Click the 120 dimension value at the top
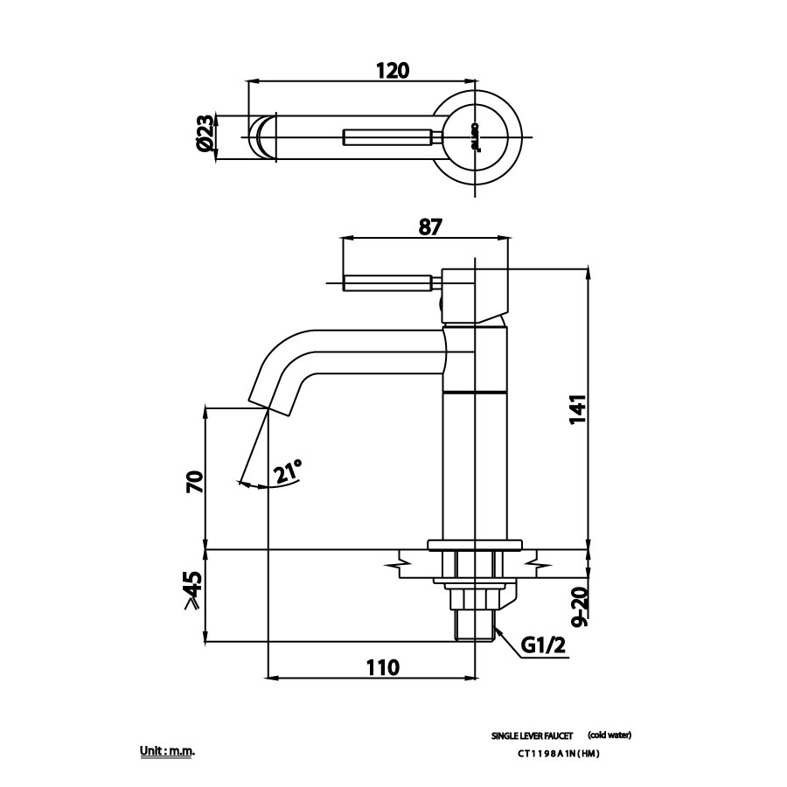(x=393, y=71)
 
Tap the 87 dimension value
(x=429, y=226)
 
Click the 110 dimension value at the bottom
(x=382, y=667)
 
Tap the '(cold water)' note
(x=609, y=735)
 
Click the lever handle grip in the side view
(x=388, y=282)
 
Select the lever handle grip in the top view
(x=388, y=136)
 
